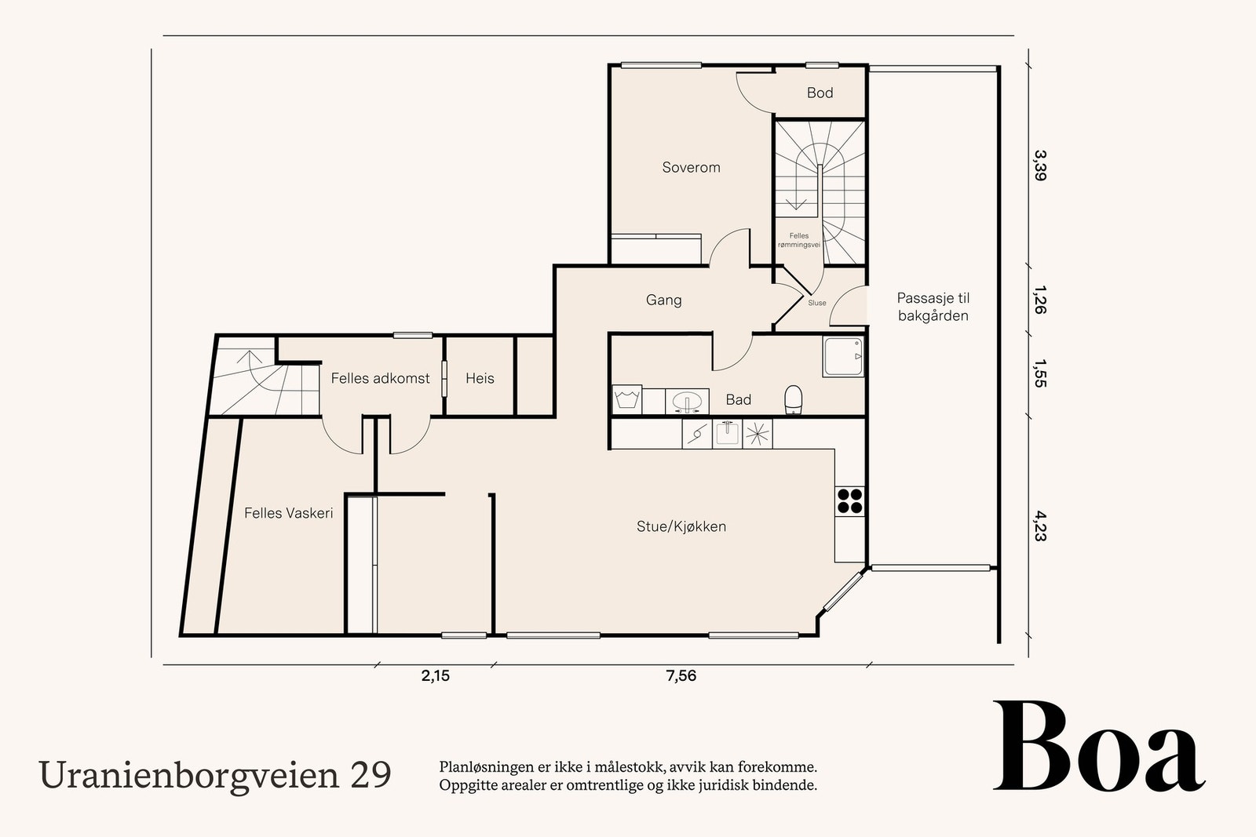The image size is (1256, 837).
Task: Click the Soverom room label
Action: (691, 167)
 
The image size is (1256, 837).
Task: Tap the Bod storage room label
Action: (820, 93)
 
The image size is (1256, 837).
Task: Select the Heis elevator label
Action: (480, 378)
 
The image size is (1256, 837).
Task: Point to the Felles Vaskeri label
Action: (288, 513)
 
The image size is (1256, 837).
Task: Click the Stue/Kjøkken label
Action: (681, 526)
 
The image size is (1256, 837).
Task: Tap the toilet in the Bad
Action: (793, 398)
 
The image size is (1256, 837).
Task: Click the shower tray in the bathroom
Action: (843, 357)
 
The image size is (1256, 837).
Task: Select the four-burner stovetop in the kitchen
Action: (849, 500)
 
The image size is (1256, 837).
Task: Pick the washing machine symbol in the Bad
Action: (627, 399)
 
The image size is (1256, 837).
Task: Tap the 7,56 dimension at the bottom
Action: (681, 675)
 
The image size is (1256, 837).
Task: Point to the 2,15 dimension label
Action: (436, 675)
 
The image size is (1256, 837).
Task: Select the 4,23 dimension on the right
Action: (1039, 526)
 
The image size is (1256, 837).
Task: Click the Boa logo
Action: (1098, 748)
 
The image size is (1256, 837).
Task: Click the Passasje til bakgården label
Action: (933, 307)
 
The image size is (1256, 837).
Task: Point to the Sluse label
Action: (816, 303)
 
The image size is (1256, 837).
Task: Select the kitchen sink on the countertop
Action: (727, 434)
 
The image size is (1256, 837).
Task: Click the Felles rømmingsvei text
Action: (798, 240)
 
